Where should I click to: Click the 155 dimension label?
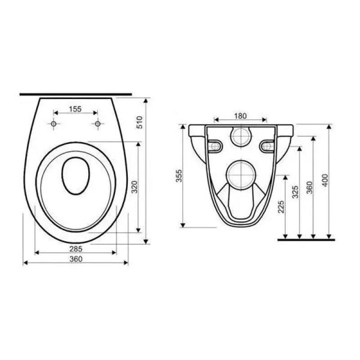tap(75, 108)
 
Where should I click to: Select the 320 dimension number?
tap(133, 187)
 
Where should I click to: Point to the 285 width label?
tap(75, 248)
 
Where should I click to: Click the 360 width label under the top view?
tap(75, 259)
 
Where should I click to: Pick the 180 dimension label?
tap(240, 116)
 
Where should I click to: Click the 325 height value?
tap(295, 192)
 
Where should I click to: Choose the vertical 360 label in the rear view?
tap(310, 187)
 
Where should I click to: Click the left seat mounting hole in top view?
tap(54, 124)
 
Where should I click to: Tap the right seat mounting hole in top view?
tap(97, 124)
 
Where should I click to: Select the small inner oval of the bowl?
tap(75, 175)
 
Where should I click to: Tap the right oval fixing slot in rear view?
tap(266, 144)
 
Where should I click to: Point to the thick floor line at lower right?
tap(306, 239)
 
